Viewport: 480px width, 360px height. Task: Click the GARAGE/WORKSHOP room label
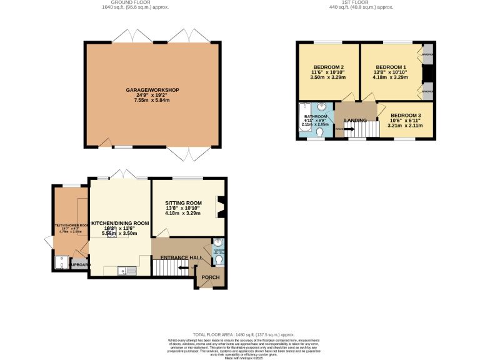[x=152, y=91]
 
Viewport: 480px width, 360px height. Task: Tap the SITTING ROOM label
[x=183, y=203]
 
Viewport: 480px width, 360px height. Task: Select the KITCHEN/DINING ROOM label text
[x=120, y=223]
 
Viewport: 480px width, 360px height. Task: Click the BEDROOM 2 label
[x=328, y=67]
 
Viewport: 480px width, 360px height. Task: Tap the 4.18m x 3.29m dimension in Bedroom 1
[x=391, y=77]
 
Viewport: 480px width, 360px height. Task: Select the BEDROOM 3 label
[x=406, y=116]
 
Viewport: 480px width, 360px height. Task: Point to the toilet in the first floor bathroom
[x=320, y=132]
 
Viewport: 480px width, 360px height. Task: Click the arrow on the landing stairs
[x=347, y=129]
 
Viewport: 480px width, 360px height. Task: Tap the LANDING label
[x=355, y=120]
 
